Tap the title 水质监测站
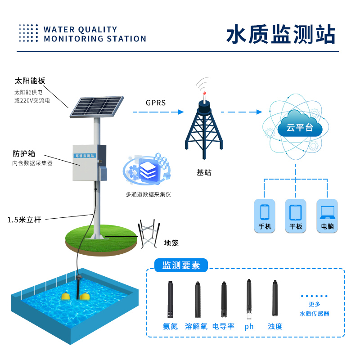(x=281, y=35)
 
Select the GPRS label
(x=156, y=103)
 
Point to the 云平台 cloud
(x=300, y=127)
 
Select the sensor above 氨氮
(x=171, y=299)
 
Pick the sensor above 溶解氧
(x=197, y=299)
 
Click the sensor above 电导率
(x=224, y=300)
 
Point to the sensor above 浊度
(x=274, y=299)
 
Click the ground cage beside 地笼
(x=148, y=234)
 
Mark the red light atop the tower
(x=204, y=94)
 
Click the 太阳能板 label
(x=30, y=81)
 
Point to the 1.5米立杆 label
(x=24, y=220)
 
